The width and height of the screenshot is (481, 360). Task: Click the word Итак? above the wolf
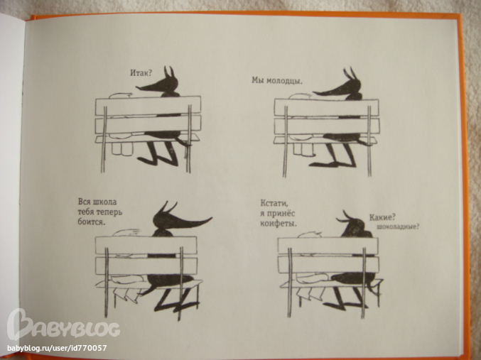pyautogui.click(x=141, y=73)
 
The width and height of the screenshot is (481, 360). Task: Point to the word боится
pyautogui.click(x=92, y=222)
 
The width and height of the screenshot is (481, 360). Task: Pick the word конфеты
pyautogui.click(x=279, y=224)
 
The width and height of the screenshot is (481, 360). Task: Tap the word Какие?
pyautogui.click(x=382, y=217)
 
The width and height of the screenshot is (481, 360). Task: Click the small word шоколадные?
pyautogui.click(x=398, y=227)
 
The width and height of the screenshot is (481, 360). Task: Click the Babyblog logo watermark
pyautogui.click(x=63, y=325)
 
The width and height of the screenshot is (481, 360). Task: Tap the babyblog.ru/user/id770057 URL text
pyautogui.click(x=57, y=348)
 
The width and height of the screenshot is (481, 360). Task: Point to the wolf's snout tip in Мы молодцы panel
pyautogui.click(x=314, y=92)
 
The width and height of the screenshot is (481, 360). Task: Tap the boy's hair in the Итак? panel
pyautogui.click(x=121, y=95)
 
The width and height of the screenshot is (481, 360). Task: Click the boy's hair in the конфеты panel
pyautogui.click(x=310, y=235)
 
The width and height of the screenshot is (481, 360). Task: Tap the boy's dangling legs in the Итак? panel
pyautogui.click(x=121, y=148)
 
